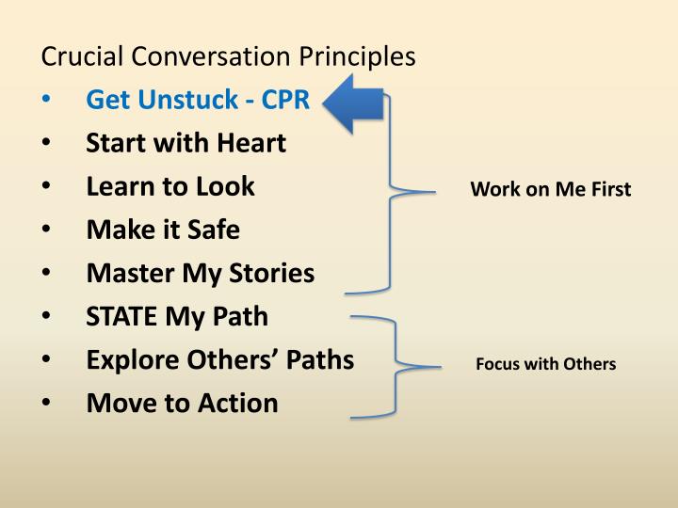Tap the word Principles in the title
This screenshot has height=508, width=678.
357,56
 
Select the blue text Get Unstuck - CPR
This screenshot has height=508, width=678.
198,100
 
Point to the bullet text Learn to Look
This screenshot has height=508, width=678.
170,186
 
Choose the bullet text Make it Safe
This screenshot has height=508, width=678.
163,230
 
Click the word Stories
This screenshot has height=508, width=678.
272,273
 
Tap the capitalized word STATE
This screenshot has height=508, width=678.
122,316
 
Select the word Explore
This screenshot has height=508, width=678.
131,359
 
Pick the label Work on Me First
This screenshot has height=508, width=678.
550,189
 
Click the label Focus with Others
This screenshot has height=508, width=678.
545,364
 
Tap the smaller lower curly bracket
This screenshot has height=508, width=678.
395,365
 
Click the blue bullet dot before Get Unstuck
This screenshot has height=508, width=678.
48,101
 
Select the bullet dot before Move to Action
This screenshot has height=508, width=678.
48,404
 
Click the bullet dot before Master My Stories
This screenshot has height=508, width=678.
48,274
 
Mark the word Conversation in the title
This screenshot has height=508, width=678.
213,56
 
